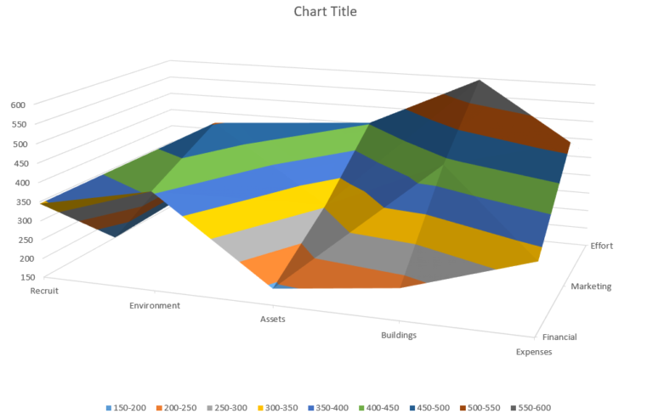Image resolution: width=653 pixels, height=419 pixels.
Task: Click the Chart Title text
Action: click(326, 12)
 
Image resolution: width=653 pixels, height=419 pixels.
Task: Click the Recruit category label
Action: click(19, 291)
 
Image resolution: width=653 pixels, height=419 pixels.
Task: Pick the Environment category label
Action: click(154, 305)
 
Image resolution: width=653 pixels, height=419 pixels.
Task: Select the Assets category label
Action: click(272, 320)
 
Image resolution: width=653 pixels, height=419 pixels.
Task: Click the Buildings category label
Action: click(399, 335)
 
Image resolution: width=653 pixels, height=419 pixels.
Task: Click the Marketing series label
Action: click(591, 286)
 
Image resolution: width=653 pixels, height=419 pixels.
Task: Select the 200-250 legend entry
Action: click(179, 408)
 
